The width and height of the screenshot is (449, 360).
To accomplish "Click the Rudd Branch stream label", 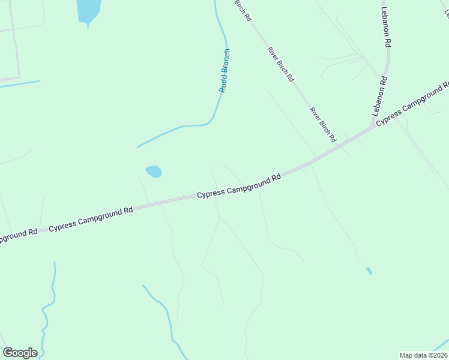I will (224, 70).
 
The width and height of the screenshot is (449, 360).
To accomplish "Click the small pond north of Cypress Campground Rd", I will (154, 172).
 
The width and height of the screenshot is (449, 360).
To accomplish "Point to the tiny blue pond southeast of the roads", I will (369, 271).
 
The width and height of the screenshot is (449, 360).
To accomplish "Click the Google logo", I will (20, 353).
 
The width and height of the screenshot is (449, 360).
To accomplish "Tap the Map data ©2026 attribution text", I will (423, 355).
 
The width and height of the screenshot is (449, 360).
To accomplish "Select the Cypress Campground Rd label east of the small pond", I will (240, 186).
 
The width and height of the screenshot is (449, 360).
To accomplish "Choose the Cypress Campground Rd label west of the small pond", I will (91, 219).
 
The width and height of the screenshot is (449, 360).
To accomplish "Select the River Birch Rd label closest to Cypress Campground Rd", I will (323, 125).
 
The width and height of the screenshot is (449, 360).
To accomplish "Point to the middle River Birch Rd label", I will (280, 64).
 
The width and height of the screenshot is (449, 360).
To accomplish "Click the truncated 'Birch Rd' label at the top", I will (243, 11).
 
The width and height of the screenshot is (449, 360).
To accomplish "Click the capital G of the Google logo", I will (8, 353).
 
